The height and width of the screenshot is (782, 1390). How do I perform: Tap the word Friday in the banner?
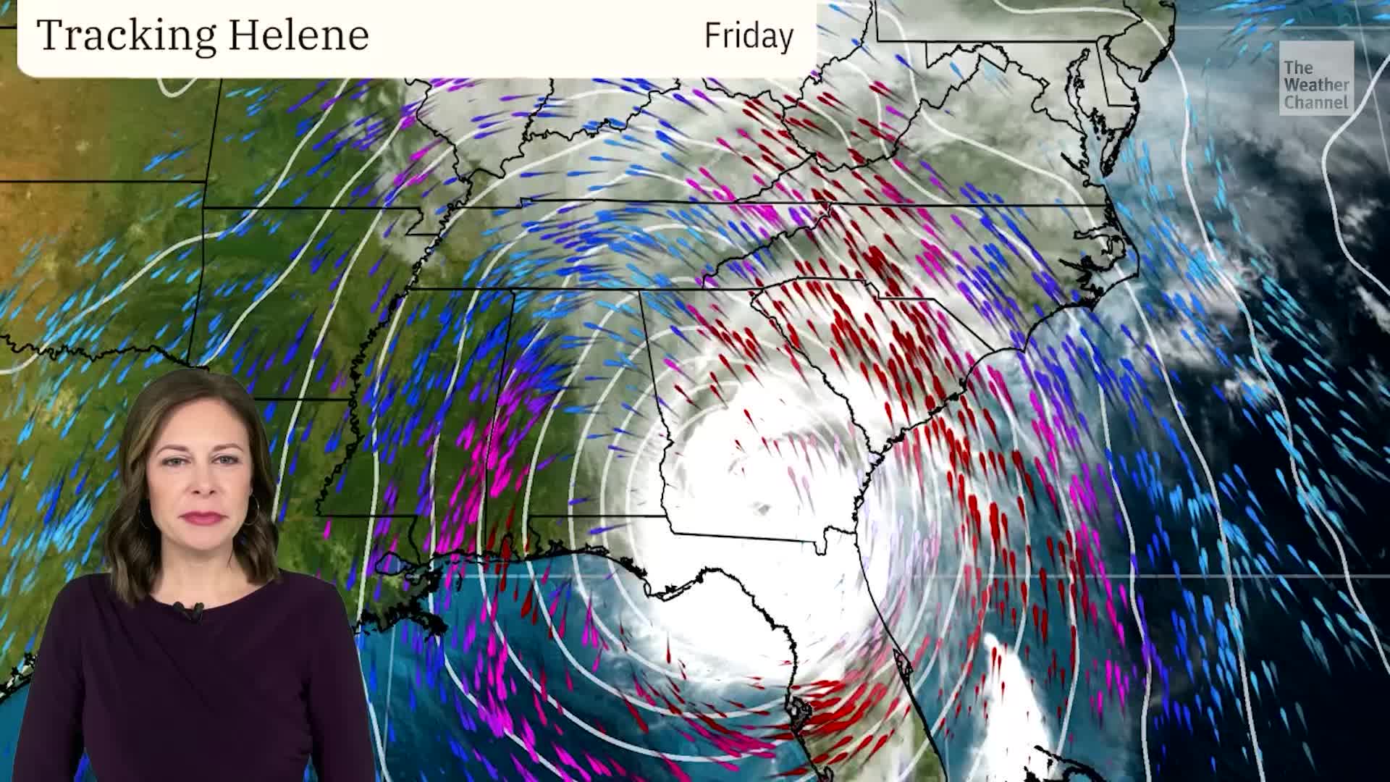[749, 35]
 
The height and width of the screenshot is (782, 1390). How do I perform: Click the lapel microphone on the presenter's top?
[190, 610]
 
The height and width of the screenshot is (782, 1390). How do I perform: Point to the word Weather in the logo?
[1317, 85]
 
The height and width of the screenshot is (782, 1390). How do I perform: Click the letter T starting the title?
[48, 35]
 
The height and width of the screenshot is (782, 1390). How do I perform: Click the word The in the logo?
[1298, 68]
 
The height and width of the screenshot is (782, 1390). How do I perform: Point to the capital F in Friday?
[712, 35]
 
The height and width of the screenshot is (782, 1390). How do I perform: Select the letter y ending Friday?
[786, 38]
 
